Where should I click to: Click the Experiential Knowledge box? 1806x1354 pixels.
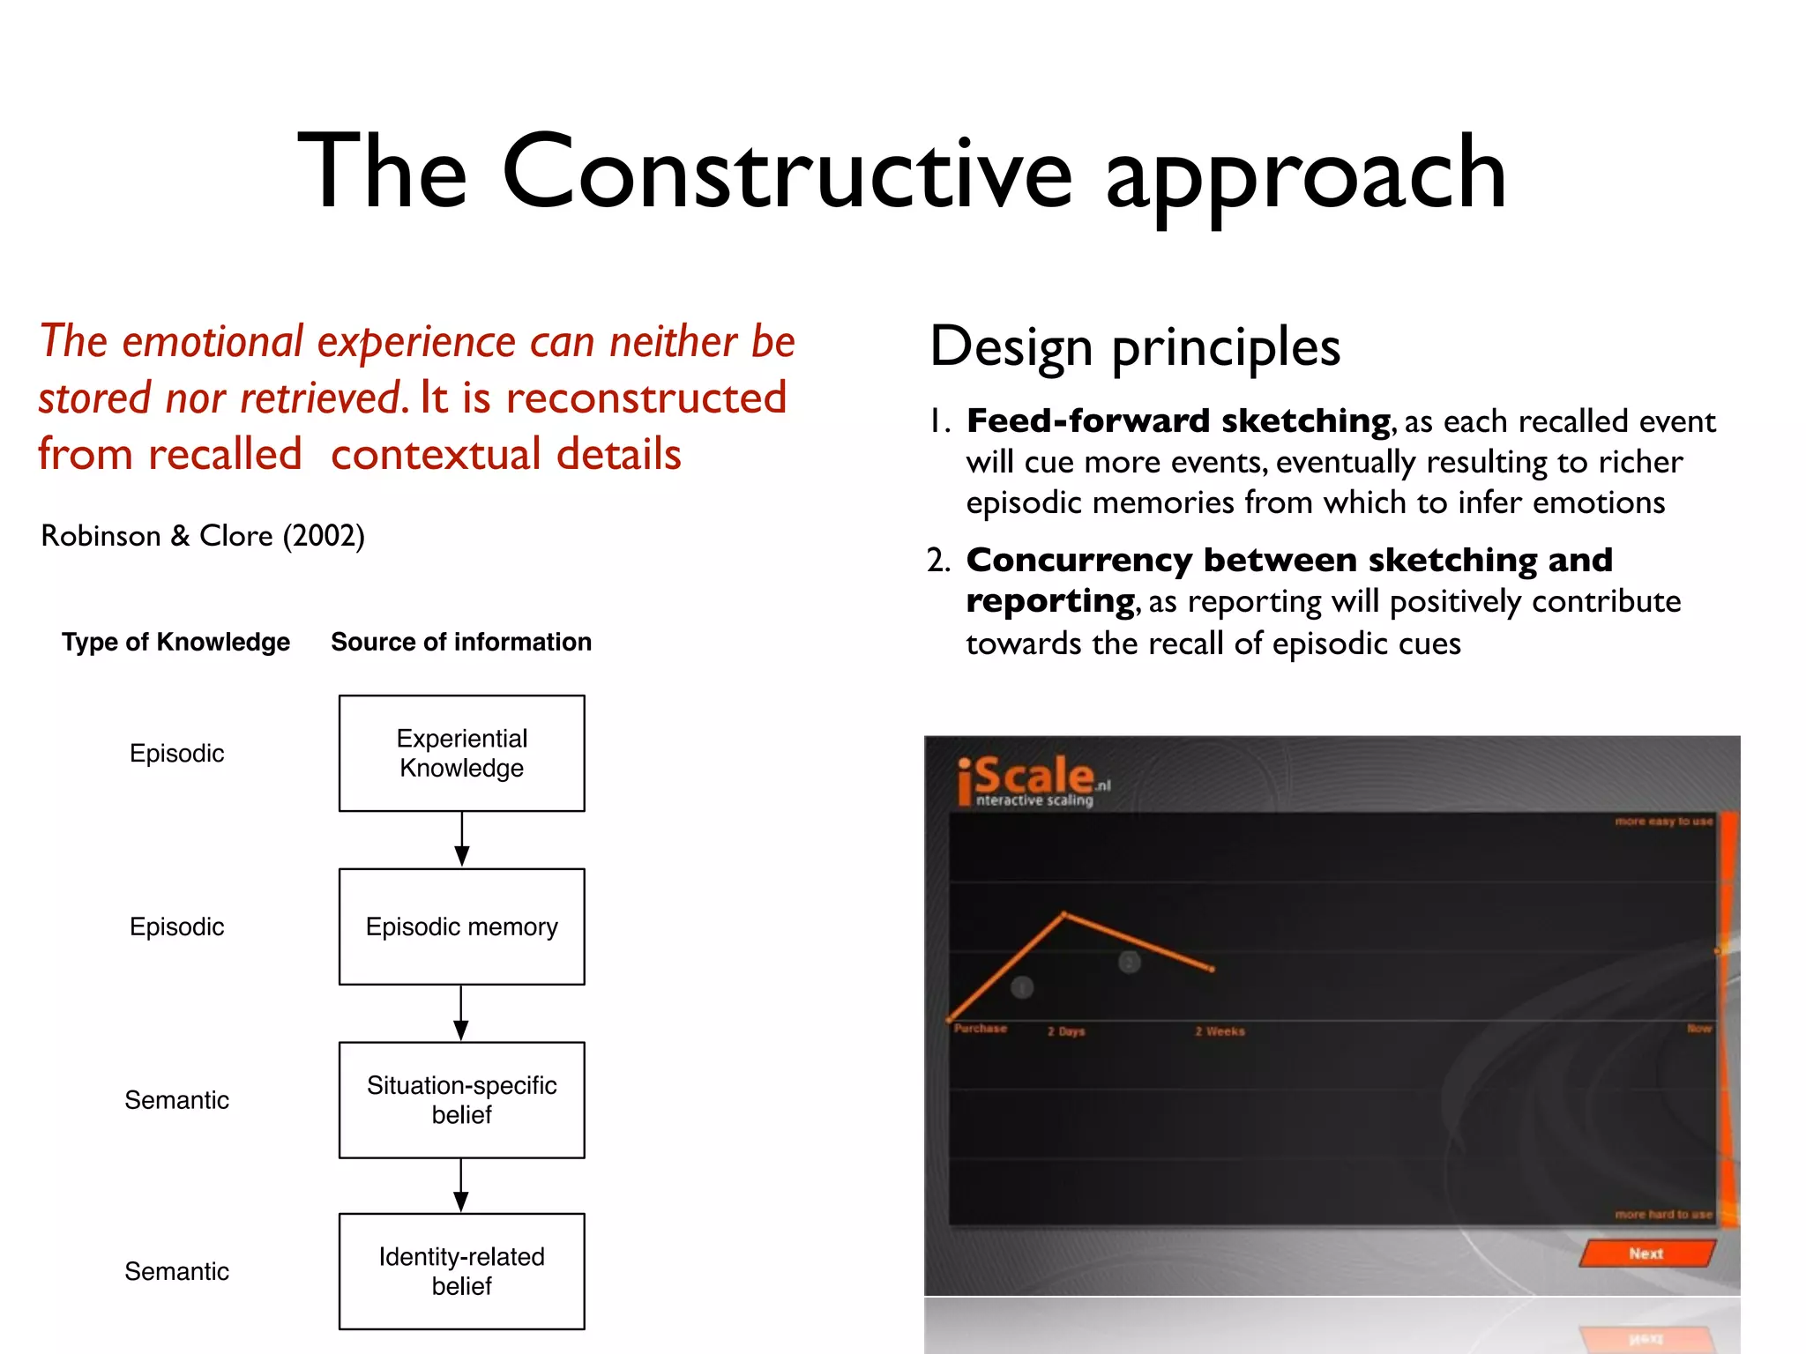[461, 753]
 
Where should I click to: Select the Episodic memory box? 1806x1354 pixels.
[461, 926]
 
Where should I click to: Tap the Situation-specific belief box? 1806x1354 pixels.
[461, 1099]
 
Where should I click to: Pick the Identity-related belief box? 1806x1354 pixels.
[461, 1270]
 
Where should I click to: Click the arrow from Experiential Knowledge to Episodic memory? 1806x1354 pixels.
[461, 839]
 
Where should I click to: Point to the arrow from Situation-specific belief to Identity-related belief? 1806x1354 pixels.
[460, 1186]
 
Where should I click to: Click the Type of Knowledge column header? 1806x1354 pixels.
[175, 642]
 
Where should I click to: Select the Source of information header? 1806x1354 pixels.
[461, 642]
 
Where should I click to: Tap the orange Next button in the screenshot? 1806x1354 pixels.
[1646, 1253]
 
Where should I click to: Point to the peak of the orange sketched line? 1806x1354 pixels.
[1064, 914]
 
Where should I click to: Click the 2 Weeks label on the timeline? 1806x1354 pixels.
[1220, 1030]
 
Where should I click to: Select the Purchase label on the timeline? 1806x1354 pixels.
[980, 1029]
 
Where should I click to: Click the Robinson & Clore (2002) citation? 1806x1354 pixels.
[203, 535]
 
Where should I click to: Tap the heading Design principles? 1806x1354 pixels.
[1135, 346]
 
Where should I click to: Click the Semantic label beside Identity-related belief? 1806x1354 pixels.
[176, 1270]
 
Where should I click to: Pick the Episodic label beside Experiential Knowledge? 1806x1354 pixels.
[176, 753]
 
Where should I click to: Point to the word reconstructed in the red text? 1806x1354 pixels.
[646, 398]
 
